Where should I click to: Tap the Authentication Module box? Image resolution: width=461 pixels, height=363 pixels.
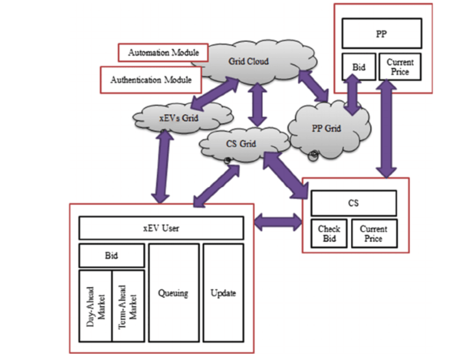point(151,80)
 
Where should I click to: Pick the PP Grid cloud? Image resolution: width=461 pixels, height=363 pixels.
point(327,128)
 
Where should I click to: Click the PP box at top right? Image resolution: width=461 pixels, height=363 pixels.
point(381,33)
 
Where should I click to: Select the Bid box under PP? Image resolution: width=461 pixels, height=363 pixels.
point(358,67)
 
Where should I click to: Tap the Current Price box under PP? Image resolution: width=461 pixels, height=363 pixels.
point(400,67)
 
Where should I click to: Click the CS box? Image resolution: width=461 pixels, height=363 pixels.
point(353,203)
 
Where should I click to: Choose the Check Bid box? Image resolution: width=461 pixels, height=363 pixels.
point(329,233)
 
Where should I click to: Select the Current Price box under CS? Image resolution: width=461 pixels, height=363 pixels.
point(373,233)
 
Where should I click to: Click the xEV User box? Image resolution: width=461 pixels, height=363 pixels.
point(161,228)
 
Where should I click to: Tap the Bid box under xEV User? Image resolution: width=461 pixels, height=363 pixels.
point(111,256)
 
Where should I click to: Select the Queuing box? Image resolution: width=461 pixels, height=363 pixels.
point(173,293)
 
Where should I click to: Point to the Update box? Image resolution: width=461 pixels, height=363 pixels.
point(223,293)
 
